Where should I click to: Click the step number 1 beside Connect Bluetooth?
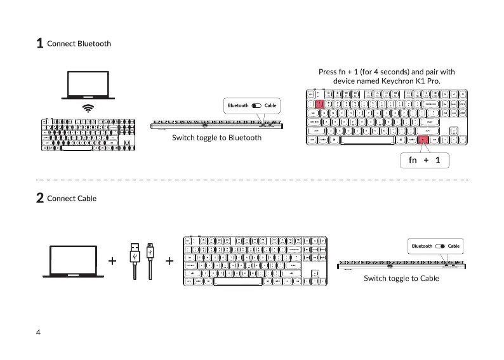[39, 44]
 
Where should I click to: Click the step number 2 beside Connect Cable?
[39, 199]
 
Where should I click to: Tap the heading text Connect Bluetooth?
[79, 44]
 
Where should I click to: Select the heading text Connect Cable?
[72, 199]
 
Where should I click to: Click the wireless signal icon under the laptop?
[88, 109]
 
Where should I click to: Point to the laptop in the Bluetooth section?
[88, 86]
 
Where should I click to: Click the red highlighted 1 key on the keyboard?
[320, 104]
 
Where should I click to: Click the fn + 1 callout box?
[424, 161]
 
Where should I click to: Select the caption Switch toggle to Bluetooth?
[216, 138]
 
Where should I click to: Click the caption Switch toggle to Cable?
[401, 279]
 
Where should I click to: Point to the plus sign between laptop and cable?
[112, 261]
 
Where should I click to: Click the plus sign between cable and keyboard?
[170, 261]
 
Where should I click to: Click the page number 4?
[39, 333]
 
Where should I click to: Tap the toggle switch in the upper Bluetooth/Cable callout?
[256, 105]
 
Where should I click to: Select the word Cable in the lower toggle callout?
[453, 246]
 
